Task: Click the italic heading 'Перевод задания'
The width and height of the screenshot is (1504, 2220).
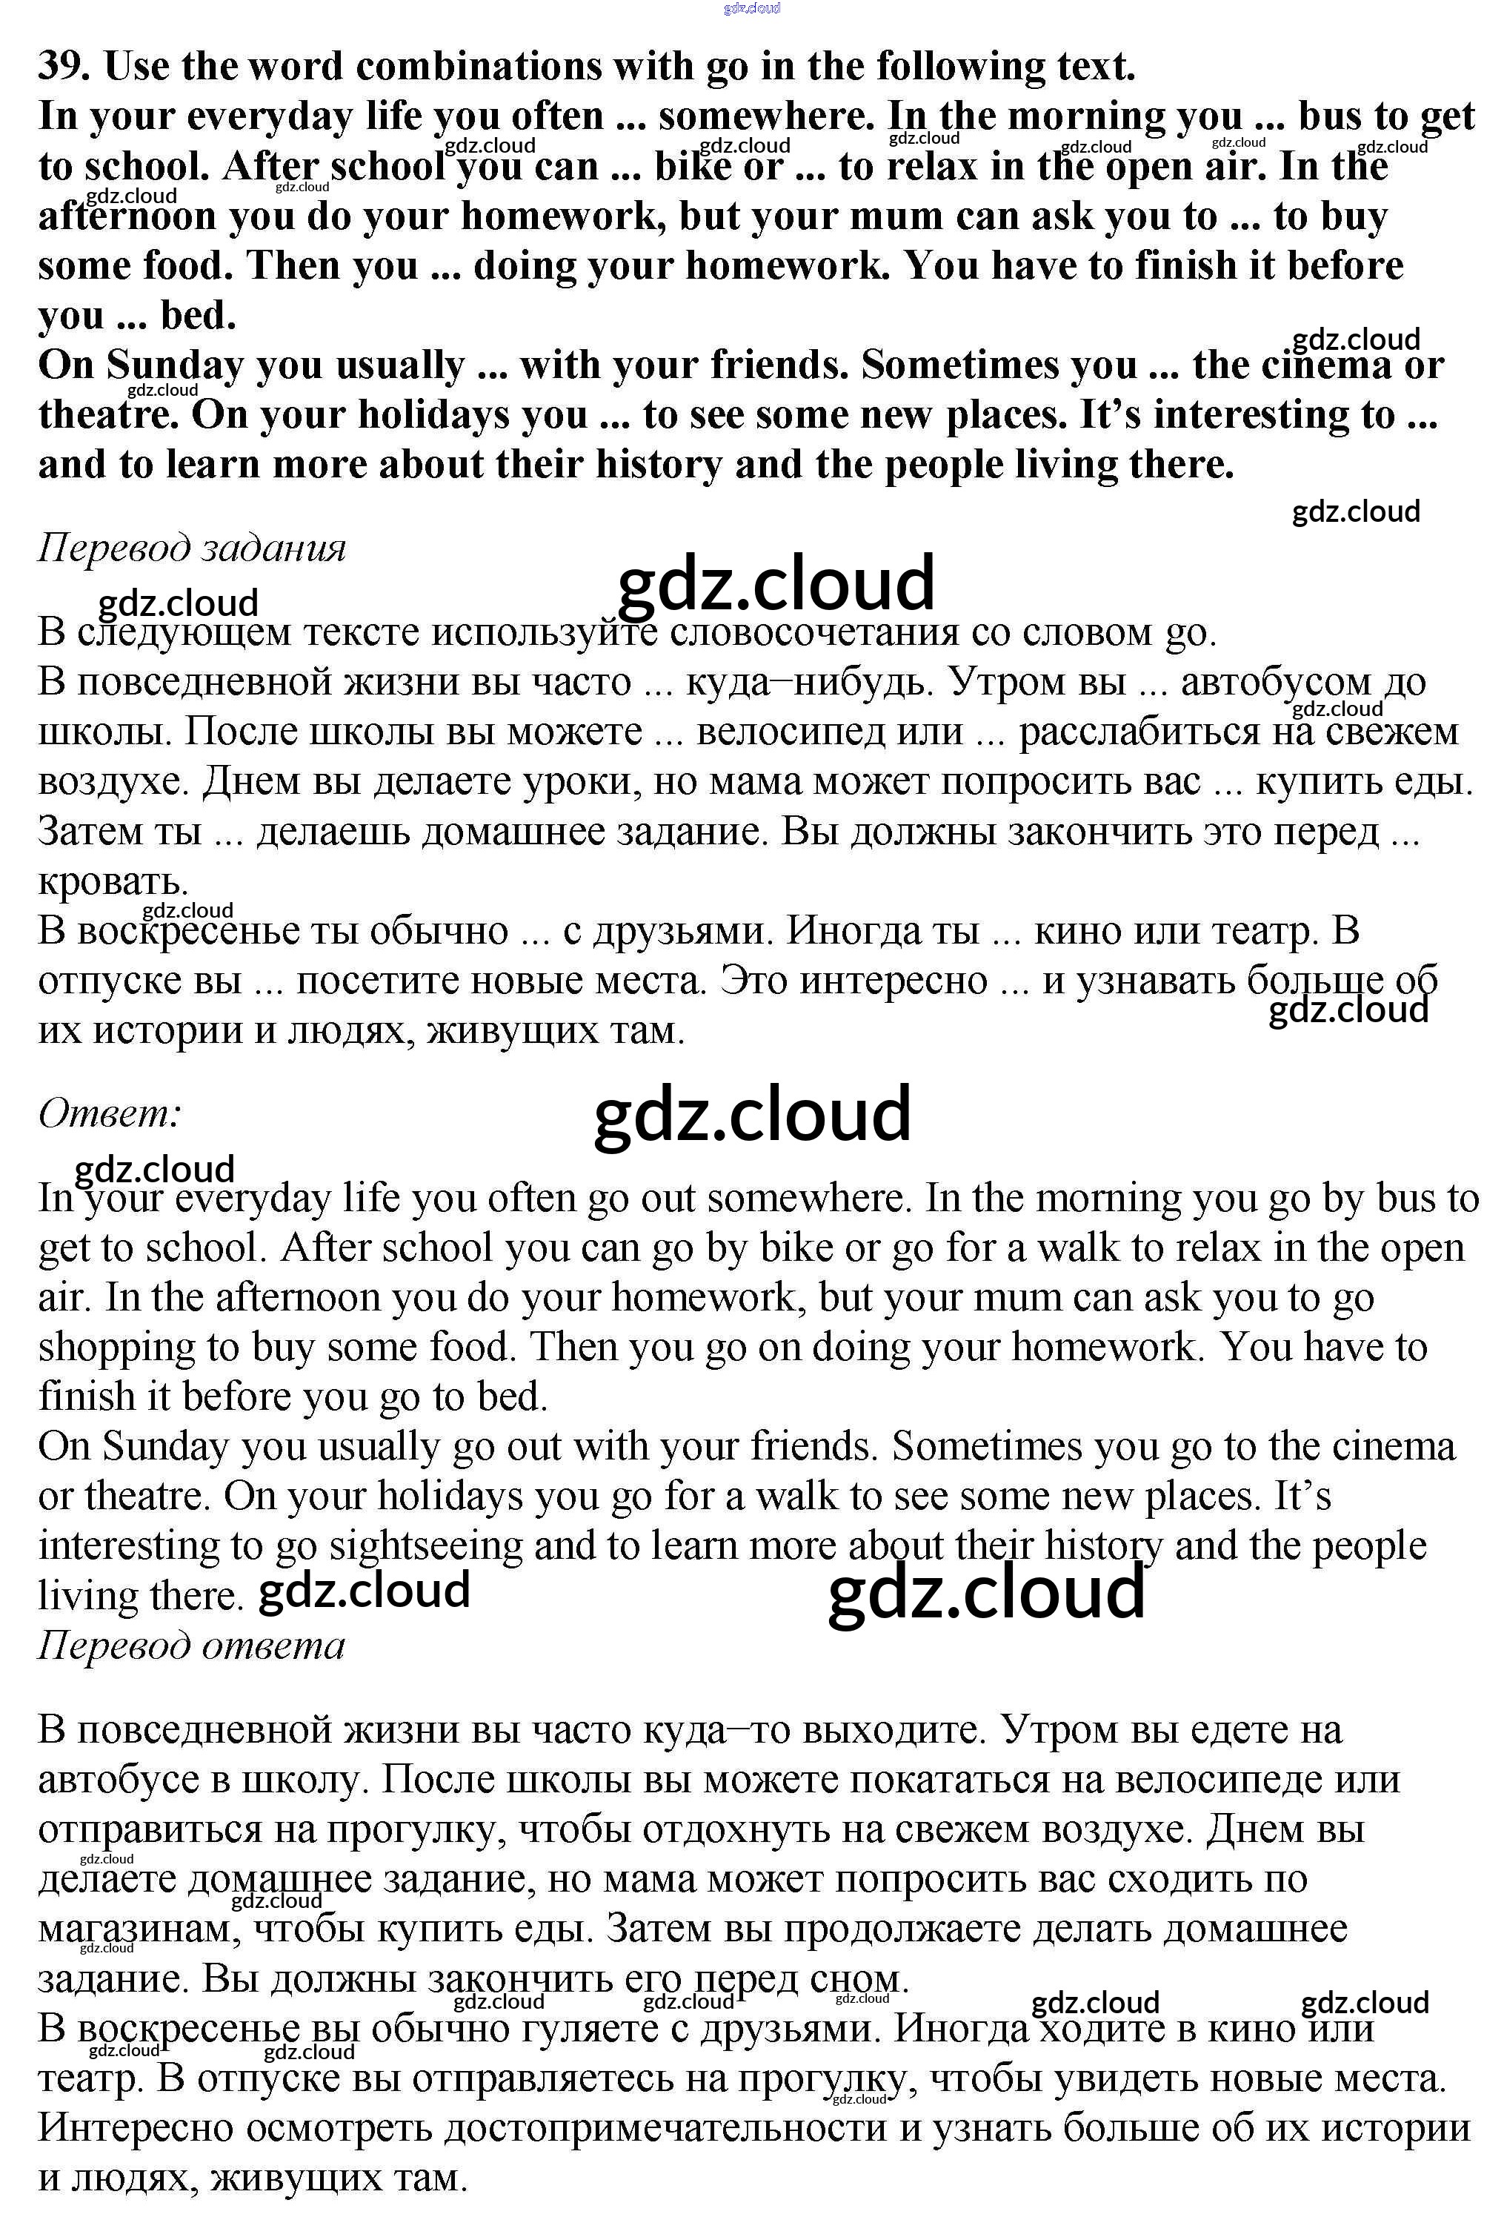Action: [x=191, y=549]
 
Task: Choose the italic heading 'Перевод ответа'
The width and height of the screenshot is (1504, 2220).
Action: [x=191, y=1645]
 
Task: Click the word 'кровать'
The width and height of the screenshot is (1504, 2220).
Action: [x=112, y=881]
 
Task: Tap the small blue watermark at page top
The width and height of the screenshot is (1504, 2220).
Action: [x=751, y=9]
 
